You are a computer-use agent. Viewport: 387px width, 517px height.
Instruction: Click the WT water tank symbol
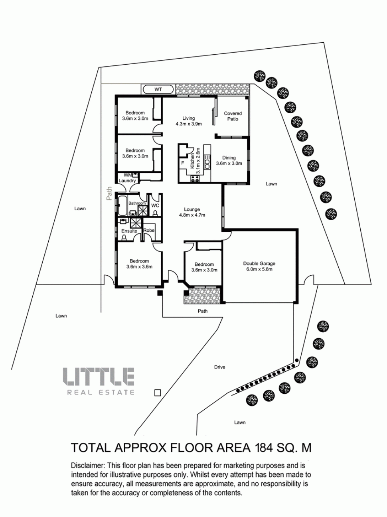(x=158, y=89)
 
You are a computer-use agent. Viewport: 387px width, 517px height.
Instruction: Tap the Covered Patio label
(x=233, y=116)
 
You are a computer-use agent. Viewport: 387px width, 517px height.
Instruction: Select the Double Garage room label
(x=259, y=264)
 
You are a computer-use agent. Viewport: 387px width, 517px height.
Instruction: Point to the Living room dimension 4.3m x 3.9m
(x=189, y=124)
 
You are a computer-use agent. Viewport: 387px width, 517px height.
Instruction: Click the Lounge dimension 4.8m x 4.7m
(x=192, y=215)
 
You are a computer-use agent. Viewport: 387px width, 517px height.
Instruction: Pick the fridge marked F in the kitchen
(x=183, y=163)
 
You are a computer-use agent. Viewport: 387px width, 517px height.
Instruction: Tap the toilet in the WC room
(x=155, y=213)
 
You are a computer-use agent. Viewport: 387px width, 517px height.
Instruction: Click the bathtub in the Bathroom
(x=122, y=205)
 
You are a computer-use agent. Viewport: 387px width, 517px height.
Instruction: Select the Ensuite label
(x=129, y=231)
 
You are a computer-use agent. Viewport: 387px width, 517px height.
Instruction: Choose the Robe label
(x=149, y=230)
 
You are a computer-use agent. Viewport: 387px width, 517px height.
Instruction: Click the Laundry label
(x=127, y=181)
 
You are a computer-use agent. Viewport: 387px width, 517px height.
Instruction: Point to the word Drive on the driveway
(x=219, y=367)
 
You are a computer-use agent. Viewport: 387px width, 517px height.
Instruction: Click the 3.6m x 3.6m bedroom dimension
(x=139, y=266)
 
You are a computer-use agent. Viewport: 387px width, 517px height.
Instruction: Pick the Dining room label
(x=229, y=158)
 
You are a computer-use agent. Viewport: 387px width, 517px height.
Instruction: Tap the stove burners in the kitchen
(x=195, y=179)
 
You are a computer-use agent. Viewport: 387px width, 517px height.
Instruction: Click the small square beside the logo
(x=158, y=393)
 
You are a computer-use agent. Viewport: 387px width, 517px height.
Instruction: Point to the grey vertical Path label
(x=109, y=193)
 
